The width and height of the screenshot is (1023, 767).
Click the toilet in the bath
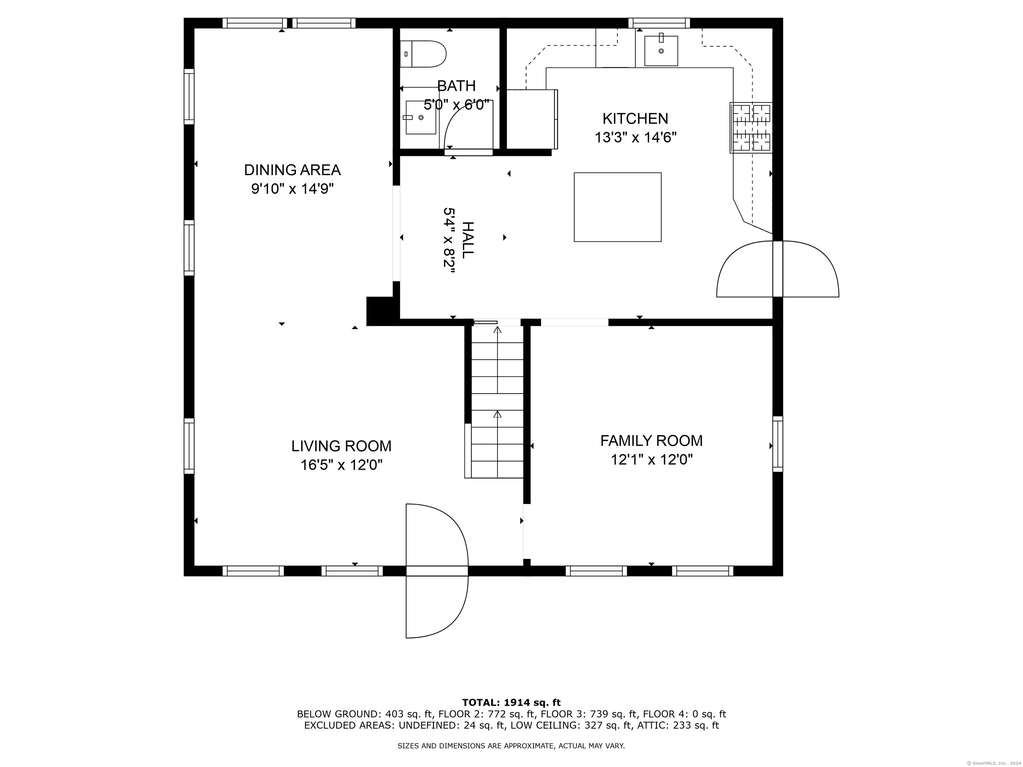pos(423,54)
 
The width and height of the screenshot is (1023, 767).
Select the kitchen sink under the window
pos(661,51)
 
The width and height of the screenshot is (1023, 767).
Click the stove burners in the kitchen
pos(751,128)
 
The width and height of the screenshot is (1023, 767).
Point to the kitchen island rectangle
pos(617,207)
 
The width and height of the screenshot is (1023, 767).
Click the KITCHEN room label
pos(635,119)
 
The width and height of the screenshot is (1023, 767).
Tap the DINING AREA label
pos(292,170)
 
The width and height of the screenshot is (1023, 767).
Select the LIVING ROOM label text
pos(341,446)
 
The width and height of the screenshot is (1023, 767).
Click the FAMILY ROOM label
pos(651,441)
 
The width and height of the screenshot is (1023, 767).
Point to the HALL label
pos(468,240)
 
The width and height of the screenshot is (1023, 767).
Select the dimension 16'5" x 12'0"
pos(341,465)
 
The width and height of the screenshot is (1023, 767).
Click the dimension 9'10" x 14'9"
pos(292,189)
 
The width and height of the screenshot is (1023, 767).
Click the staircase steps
pos(497,402)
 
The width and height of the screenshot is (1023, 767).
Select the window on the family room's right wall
pos(778,444)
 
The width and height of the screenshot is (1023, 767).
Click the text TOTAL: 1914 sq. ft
pos(511,703)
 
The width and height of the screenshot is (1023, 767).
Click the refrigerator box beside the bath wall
pos(532,119)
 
